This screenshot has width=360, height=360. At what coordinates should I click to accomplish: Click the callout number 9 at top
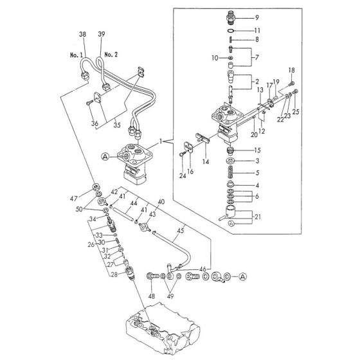pyautogui.click(x=256, y=17)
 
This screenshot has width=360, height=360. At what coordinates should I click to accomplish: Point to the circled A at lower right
pyautogui.click(x=242, y=276)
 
